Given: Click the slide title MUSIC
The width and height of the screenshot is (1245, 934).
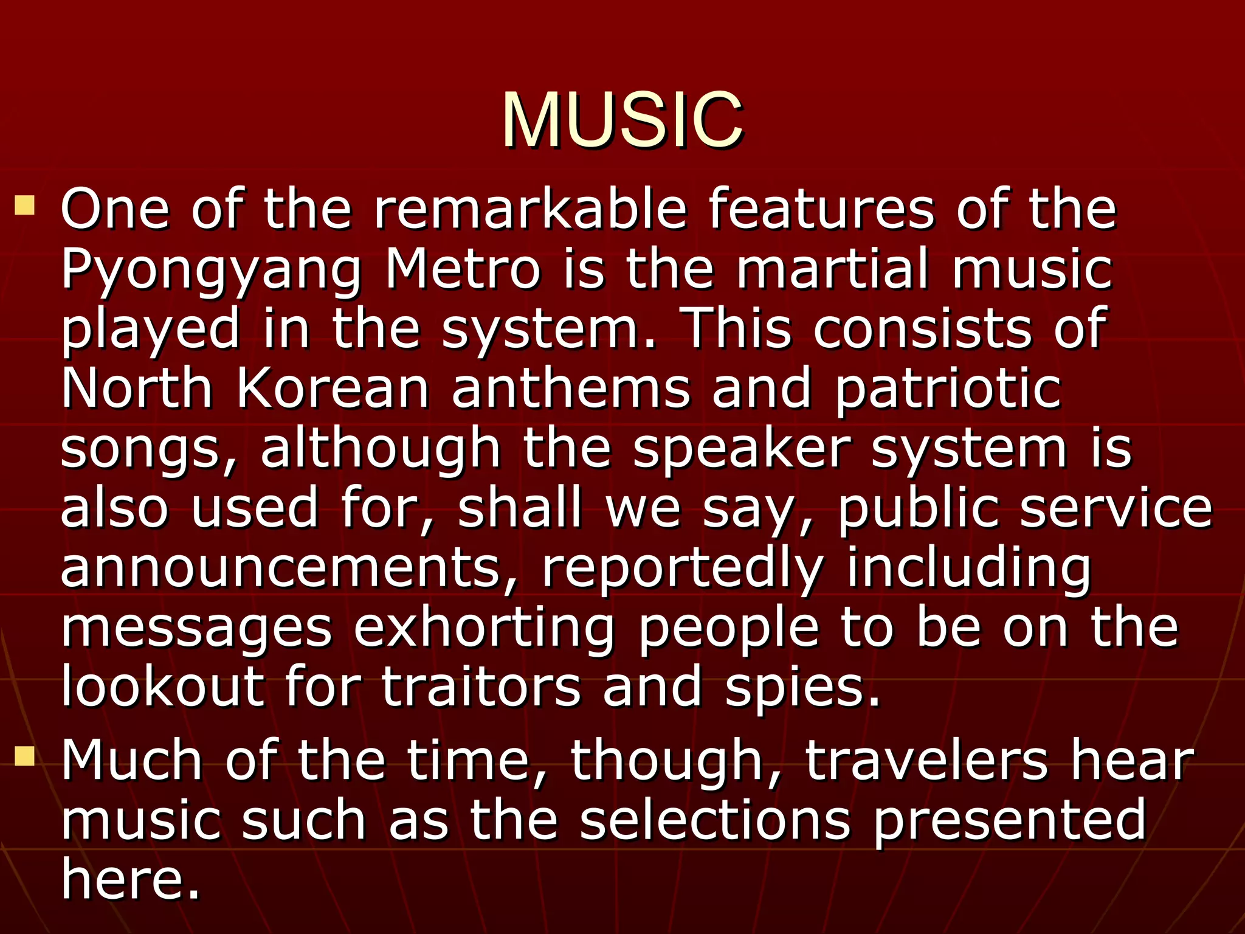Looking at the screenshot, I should pyautogui.click(x=622, y=120).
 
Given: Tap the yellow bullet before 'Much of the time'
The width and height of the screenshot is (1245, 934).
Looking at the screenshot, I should pyautogui.click(x=25, y=756).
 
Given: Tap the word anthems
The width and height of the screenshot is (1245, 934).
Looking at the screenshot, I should pyautogui.click(x=571, y=389).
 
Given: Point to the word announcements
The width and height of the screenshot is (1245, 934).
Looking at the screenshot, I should pyautogui.click(x=289, y=568).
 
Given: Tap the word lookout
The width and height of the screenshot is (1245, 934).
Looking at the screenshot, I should pyautogui.click(x=163, y=687).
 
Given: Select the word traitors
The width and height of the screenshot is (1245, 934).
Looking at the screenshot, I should pyautogui.click(x=481, y=687).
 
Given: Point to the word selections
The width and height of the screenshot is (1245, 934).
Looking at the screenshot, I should pyautogui.click(x=715, y=820).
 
